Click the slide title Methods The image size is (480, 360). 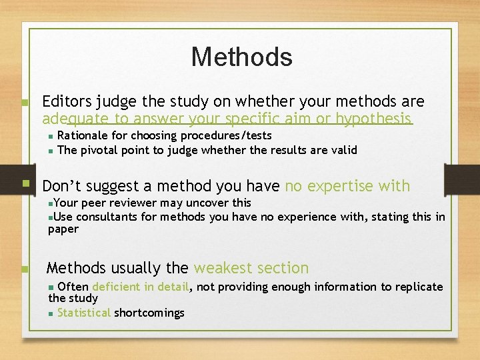(241, 57)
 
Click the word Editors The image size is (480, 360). (67, 101)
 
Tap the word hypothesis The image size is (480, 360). (374, 119)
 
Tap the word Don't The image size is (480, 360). (64, 186)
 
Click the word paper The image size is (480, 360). (63, 229)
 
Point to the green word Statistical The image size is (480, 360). (84, 313)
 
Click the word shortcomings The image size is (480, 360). (149, 313)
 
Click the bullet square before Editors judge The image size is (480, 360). (24, 103)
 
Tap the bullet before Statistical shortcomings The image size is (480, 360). (51, 313)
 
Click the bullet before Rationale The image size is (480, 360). (51, 136)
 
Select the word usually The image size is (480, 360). (137, 268)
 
